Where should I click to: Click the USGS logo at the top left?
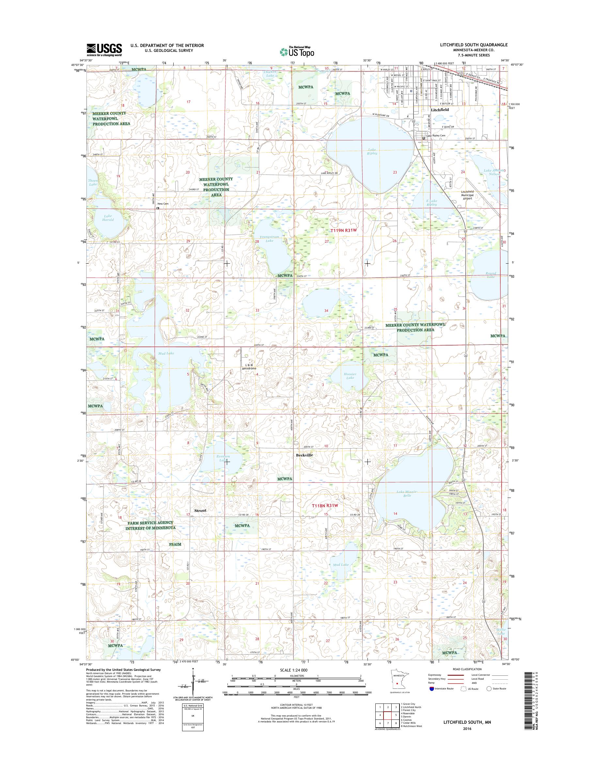[104, 49]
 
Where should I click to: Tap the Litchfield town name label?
[440, 110]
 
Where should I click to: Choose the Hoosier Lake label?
[350, 376]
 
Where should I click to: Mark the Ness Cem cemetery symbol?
[158, 208]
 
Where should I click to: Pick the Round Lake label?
[491, 275]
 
